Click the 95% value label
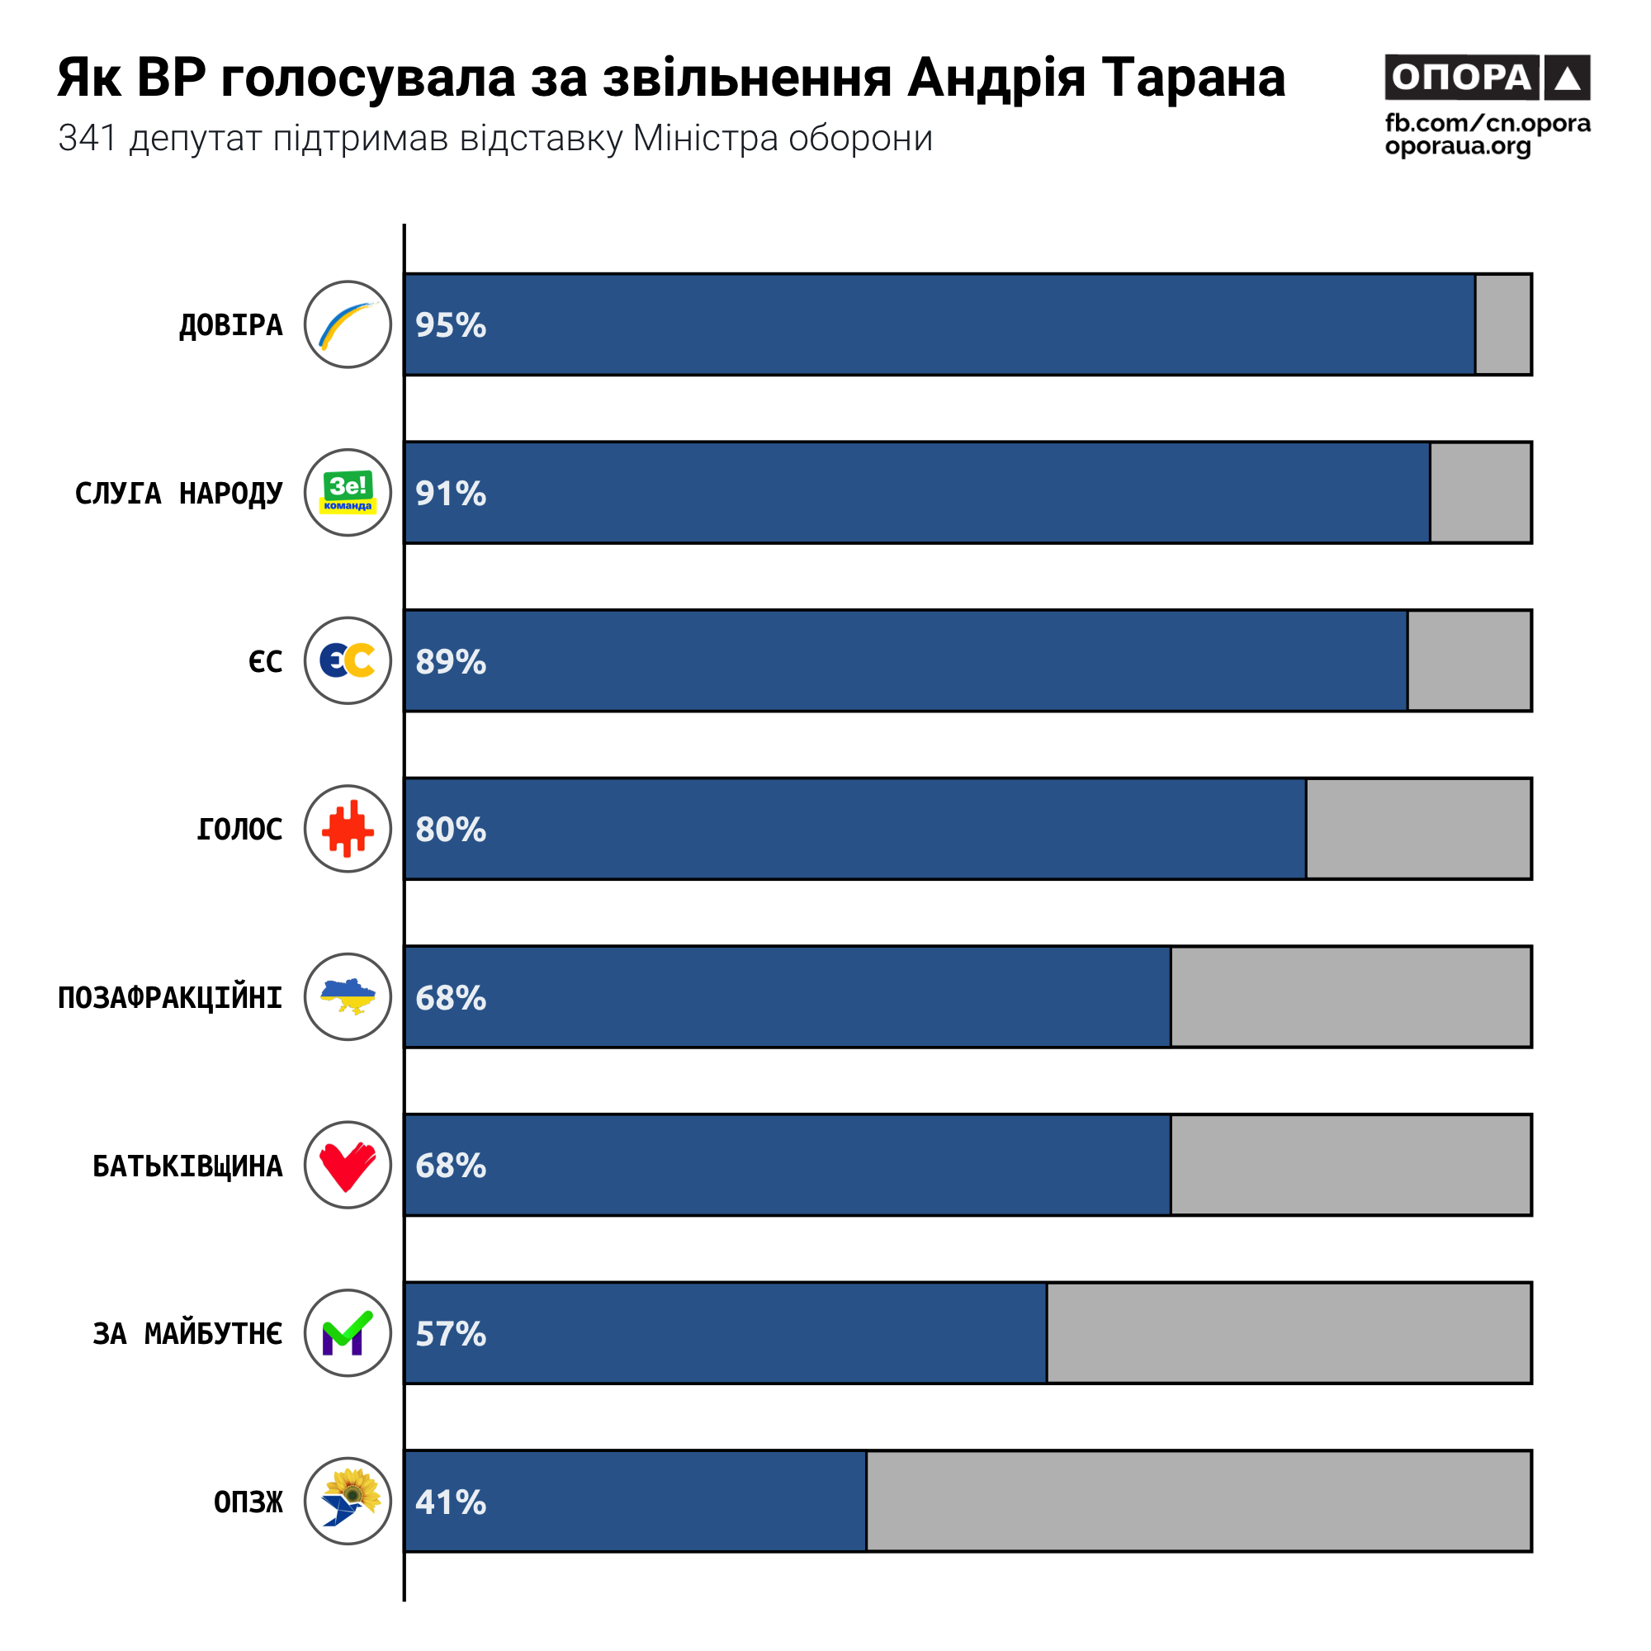[451, 324]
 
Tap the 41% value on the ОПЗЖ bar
[451, 1502]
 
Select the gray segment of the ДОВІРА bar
[1502, 324]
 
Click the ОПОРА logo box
[1486, 78]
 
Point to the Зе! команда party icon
[348, 492]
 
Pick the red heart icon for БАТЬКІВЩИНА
[348, 1165]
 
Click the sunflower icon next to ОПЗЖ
[348, 1501]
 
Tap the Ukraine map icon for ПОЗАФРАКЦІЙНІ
[348, 996]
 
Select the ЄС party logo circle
[348, 660]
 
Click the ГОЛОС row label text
[239, 829]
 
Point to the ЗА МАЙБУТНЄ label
[187, 1333]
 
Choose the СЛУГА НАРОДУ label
[178, 493]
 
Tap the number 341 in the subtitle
[87, 139]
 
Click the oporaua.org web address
[1457, 146]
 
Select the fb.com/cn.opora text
[1487, 123]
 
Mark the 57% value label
[451, 1333]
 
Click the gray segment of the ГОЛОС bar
[1417, 829]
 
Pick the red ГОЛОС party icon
[348, 829]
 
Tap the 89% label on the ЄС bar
[451, 660]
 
